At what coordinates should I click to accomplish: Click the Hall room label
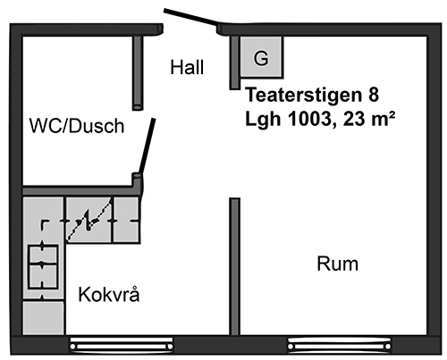(187, 67)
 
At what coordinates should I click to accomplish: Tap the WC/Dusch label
(77, 126)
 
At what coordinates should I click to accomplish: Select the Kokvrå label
(109, 295)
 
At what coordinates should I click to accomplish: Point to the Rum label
(337, 264)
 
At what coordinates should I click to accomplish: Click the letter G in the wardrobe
(261, 58)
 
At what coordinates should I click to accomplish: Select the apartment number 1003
(310, 119)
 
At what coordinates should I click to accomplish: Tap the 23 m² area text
(369, 119)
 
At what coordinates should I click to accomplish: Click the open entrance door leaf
(191, 18)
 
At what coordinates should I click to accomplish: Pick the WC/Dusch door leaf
(148, 147)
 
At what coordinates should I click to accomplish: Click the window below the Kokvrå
(122, 345)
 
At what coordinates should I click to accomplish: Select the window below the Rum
(340, 345)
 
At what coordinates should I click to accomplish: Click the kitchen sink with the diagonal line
(89, 220)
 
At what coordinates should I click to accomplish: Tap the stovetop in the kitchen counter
(43, 266)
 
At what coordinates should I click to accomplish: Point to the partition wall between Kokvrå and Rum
(234, 266)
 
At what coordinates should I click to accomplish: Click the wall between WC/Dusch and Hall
(138, 73)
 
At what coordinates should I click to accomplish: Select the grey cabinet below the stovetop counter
(44, 318)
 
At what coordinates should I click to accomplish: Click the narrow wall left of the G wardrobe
(234, 63)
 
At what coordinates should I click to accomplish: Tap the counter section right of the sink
(126, 220)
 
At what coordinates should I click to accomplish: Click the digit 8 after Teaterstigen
(374, 95)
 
